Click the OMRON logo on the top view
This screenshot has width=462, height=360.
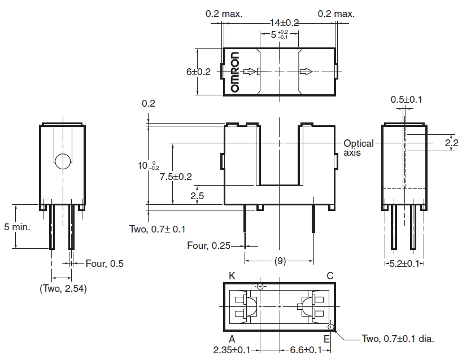tap(235, 72)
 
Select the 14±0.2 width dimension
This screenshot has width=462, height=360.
tap(284, 23)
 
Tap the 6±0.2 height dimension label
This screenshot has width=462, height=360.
tap(198, 72)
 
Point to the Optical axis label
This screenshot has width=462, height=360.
tap(358, 148)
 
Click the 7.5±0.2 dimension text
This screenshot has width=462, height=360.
tap(176, 177)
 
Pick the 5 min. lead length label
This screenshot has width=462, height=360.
tap(17, 227)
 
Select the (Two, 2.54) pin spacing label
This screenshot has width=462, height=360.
tap(63, 288)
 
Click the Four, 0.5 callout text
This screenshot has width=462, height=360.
tap(104, 264)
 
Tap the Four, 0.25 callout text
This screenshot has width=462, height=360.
tap(208, 245)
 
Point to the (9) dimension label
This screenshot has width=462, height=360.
tap(280, 261)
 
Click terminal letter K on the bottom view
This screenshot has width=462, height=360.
tap(232, 276)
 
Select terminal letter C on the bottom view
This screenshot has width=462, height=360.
tap(330, 276)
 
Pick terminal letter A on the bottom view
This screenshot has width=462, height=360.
tap(232, 339)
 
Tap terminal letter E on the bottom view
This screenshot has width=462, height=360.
tap(327, 339)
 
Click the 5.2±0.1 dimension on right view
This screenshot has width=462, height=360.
tap(404, 264)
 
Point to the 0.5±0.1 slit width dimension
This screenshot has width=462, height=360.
tap(406, 99)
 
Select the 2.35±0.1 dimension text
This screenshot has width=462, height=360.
tap(232, 350)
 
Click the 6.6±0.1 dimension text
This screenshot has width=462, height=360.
tap(306, 350)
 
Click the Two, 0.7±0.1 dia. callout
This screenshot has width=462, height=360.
tap(398, 339)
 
